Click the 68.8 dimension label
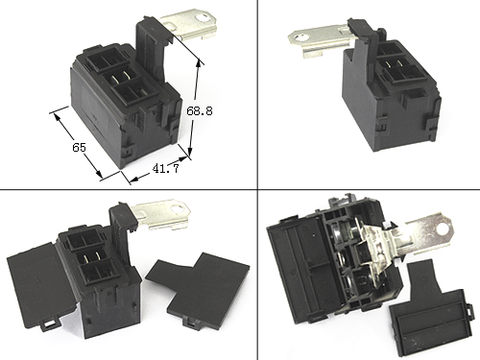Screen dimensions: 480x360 [x=200, y=111]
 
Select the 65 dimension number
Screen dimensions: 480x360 [x=79, y=148]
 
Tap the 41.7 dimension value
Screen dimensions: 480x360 [x=165, y=168]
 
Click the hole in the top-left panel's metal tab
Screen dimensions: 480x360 [x=203, y=17]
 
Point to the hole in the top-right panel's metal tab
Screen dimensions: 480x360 [x=300, y=38]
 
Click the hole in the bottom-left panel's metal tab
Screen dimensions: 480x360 [x=177, y=209]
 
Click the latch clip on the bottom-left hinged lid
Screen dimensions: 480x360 [x=50, y=324]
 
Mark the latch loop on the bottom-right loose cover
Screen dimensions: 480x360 [x=468, y=310]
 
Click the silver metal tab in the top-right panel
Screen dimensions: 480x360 [x=320, y=40]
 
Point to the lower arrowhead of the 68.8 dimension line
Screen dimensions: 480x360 [x=190, y=153]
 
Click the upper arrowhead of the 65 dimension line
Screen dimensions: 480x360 [x=58, y=117]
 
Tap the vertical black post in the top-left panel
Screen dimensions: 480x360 [x=151, y=48]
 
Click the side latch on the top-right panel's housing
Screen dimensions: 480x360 [x=431, y=127]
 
